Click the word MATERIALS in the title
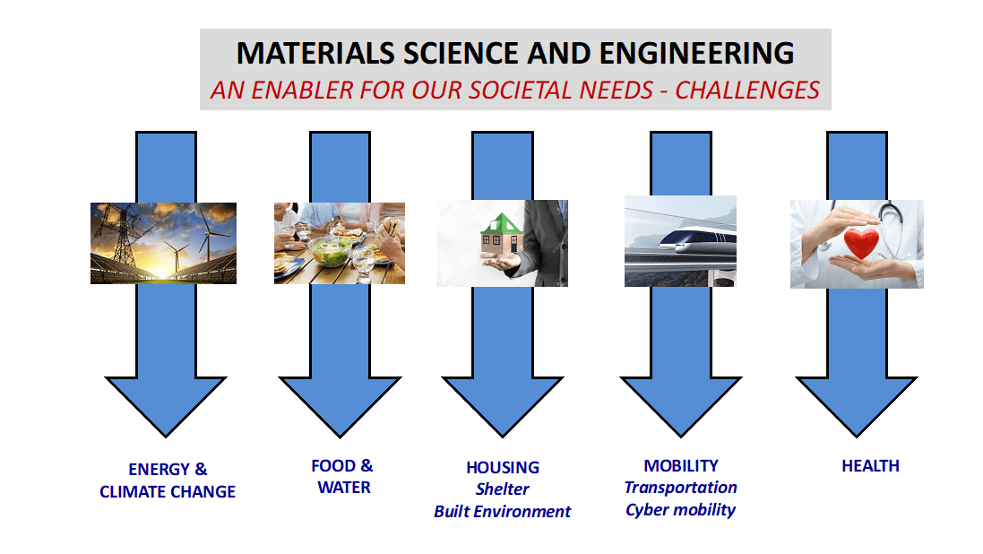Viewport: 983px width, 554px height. (315, 53)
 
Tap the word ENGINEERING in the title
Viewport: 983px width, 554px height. (697, 53)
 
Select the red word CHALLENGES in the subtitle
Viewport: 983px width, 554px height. (747, 91)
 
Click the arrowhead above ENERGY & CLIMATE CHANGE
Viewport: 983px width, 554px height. (166, 402)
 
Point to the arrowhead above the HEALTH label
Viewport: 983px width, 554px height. (857, 402)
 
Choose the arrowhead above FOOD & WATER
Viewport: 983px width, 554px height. (340, 402)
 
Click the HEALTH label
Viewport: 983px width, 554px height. (870, 466)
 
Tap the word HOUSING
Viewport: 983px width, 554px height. (503, 468)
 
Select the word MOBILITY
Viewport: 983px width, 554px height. (681, 466)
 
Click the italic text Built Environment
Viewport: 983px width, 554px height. (502, 512)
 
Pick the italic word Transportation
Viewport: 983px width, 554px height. (681, 489)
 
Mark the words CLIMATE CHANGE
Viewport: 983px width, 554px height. (168, 492)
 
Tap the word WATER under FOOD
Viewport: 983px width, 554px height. (344, 489)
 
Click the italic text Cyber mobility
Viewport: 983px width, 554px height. (681, 510)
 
